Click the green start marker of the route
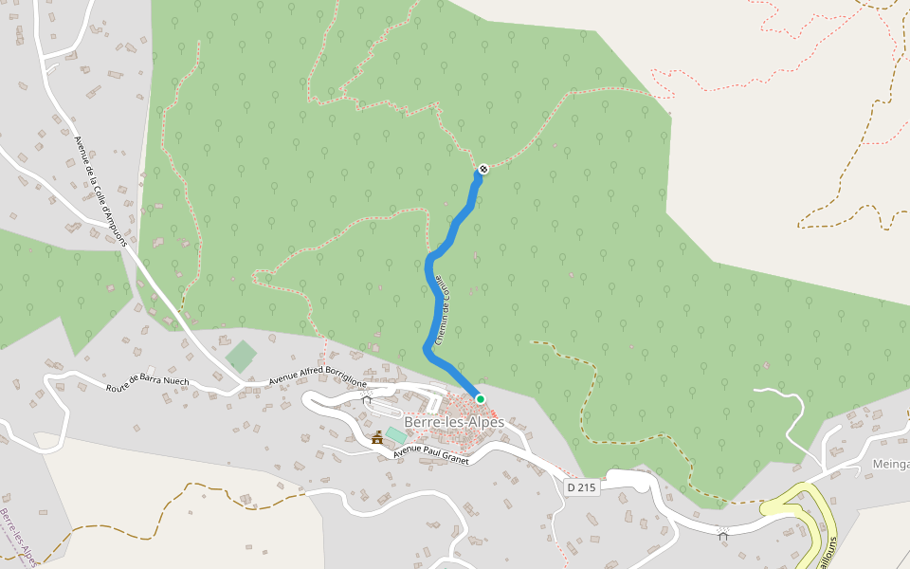[481, 399]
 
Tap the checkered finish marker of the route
[482, 169]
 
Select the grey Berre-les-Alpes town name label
[454, 422]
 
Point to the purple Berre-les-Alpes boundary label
[18, 536]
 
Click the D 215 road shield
[583, 487]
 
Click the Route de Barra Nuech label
[147, 384]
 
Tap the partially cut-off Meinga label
[890, 465]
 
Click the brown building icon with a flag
[377, 437]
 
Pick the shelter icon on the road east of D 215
[723, 535]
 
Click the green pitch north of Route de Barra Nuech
[241, 357]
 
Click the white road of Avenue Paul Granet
[493, 448]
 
